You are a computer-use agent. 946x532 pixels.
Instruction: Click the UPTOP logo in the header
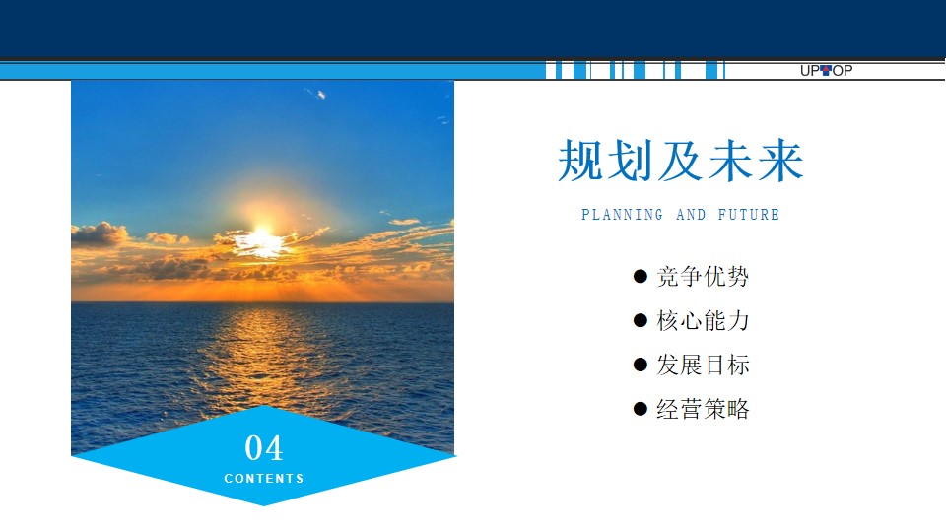click(826, 71)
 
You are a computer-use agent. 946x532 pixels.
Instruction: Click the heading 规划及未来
click(681, 161)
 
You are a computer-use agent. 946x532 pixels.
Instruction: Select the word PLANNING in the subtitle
click(622, 214)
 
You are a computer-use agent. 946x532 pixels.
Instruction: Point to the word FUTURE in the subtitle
click(749, 214)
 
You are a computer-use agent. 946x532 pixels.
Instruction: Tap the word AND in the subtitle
click(691, 214)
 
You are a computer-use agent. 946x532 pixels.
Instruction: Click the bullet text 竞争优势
click(703, 276)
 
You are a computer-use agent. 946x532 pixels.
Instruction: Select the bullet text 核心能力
click(703, 320)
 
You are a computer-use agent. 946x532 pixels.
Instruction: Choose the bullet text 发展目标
click(703, 365)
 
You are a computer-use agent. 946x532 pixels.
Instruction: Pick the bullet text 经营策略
click(703, 409)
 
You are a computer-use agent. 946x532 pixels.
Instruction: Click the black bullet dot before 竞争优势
click(641, 276)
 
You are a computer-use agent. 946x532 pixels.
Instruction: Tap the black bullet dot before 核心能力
click(641, 320)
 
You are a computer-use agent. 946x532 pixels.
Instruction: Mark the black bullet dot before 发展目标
click(641, 365)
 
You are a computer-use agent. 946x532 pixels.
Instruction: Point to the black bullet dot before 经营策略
click(641, 409)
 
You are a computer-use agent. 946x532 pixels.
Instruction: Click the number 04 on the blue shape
click(264, 448)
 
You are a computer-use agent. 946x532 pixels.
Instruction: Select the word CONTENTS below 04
click(264, 479)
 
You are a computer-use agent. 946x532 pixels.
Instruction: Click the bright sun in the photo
click(261, 239)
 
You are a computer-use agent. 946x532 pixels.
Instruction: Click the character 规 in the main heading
click(581, 161)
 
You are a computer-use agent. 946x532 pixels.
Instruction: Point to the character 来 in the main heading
click(780, 161)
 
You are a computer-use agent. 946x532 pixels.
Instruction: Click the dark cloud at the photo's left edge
click(98, 234)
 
